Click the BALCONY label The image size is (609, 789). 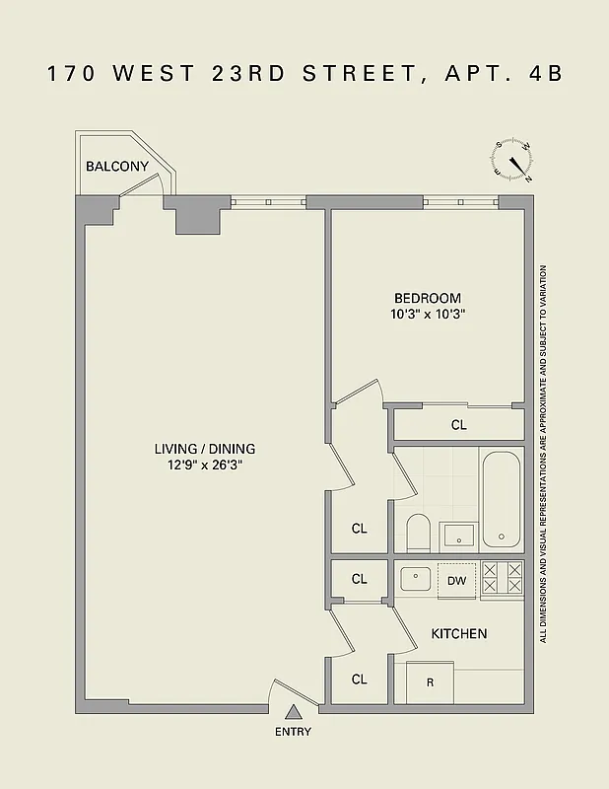117,166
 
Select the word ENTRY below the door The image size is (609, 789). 294,732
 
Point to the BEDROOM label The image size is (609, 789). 427,298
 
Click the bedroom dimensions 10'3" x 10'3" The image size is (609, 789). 428,315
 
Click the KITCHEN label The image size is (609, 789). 459,633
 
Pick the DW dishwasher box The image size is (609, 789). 457,581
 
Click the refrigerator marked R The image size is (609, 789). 431,681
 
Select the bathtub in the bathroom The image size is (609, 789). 502,500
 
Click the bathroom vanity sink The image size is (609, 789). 457,536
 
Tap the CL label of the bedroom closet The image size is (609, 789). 458,425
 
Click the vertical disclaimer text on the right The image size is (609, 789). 542,453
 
